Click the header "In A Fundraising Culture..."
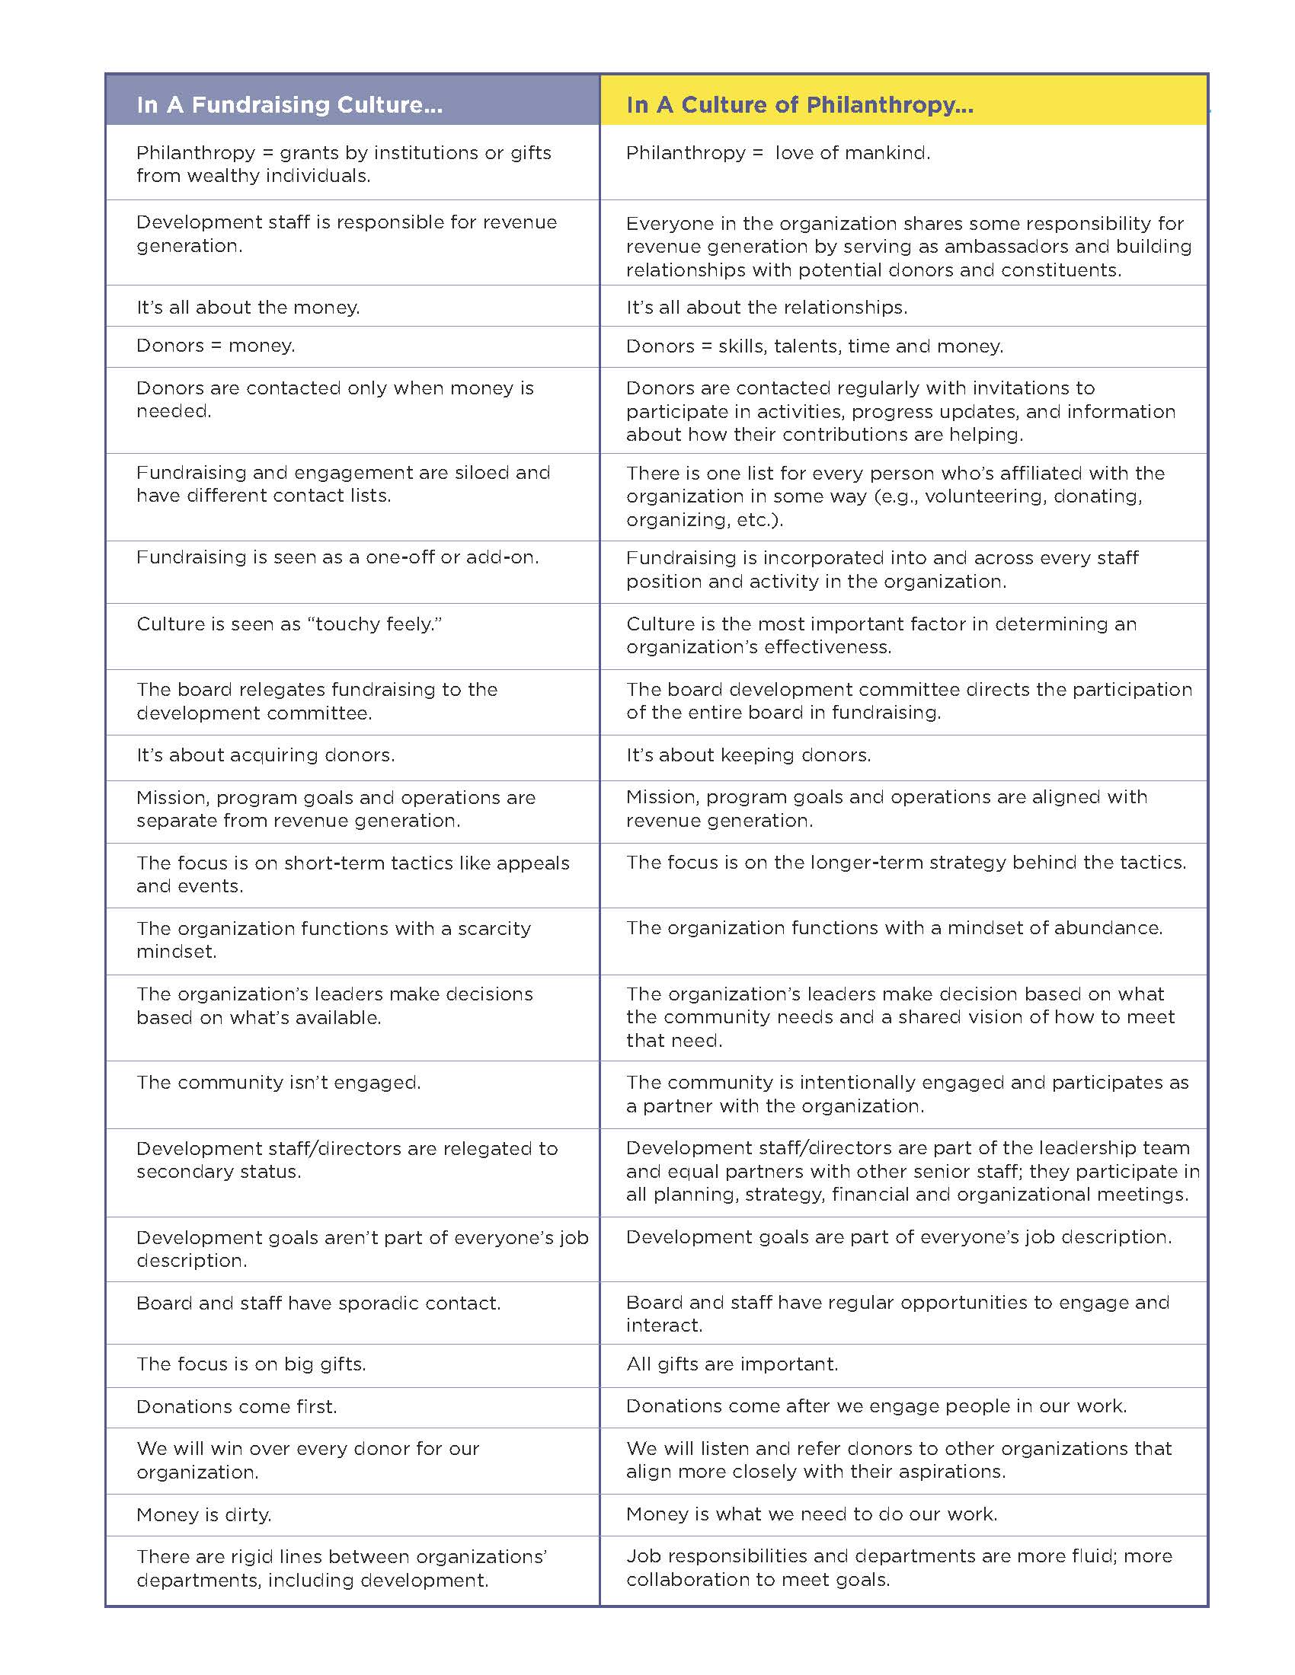[289, 104]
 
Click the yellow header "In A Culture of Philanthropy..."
[799, 104]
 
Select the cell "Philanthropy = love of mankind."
[778, 153]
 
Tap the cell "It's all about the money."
[248, 308]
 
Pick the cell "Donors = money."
[216, 346]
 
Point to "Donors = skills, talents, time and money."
[814, 346]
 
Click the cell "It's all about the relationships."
[766, 308]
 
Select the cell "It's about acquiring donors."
[265, 755]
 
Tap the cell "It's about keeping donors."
[748, 755]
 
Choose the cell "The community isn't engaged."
[279, 1083]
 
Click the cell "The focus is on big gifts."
[251, 1364]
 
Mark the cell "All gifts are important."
[732, 1364]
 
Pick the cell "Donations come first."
[236, 1406]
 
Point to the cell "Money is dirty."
[203, 1514]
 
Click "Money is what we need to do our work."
[812, 1514]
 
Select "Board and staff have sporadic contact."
[318, 1303]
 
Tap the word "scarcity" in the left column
[494, 929]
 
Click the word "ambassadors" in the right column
[998, 247]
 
